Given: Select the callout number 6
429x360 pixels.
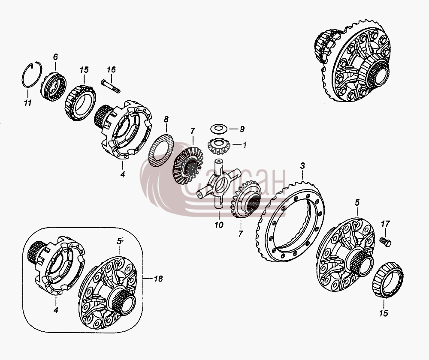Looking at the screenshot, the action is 55,57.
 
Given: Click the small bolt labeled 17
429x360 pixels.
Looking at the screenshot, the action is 385,242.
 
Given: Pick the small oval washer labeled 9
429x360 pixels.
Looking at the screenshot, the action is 218,129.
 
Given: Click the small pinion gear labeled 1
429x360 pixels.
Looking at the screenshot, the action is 218,146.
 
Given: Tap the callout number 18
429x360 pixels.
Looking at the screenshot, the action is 158,279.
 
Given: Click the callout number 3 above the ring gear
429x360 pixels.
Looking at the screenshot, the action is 302,166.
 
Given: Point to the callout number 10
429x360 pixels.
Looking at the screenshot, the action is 219,225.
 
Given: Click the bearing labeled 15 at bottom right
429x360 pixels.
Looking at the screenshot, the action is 388,279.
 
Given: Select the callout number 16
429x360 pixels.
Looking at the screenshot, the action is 111,69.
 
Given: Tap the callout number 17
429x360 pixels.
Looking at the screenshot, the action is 385,224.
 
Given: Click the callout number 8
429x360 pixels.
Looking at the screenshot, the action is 166,119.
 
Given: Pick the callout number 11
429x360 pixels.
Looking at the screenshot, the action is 27,103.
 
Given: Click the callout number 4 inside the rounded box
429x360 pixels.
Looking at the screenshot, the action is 56,310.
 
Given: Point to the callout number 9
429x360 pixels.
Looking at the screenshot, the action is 242,129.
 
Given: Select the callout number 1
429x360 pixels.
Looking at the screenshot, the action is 245,144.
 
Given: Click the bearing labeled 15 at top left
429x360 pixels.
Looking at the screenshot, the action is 80,102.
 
